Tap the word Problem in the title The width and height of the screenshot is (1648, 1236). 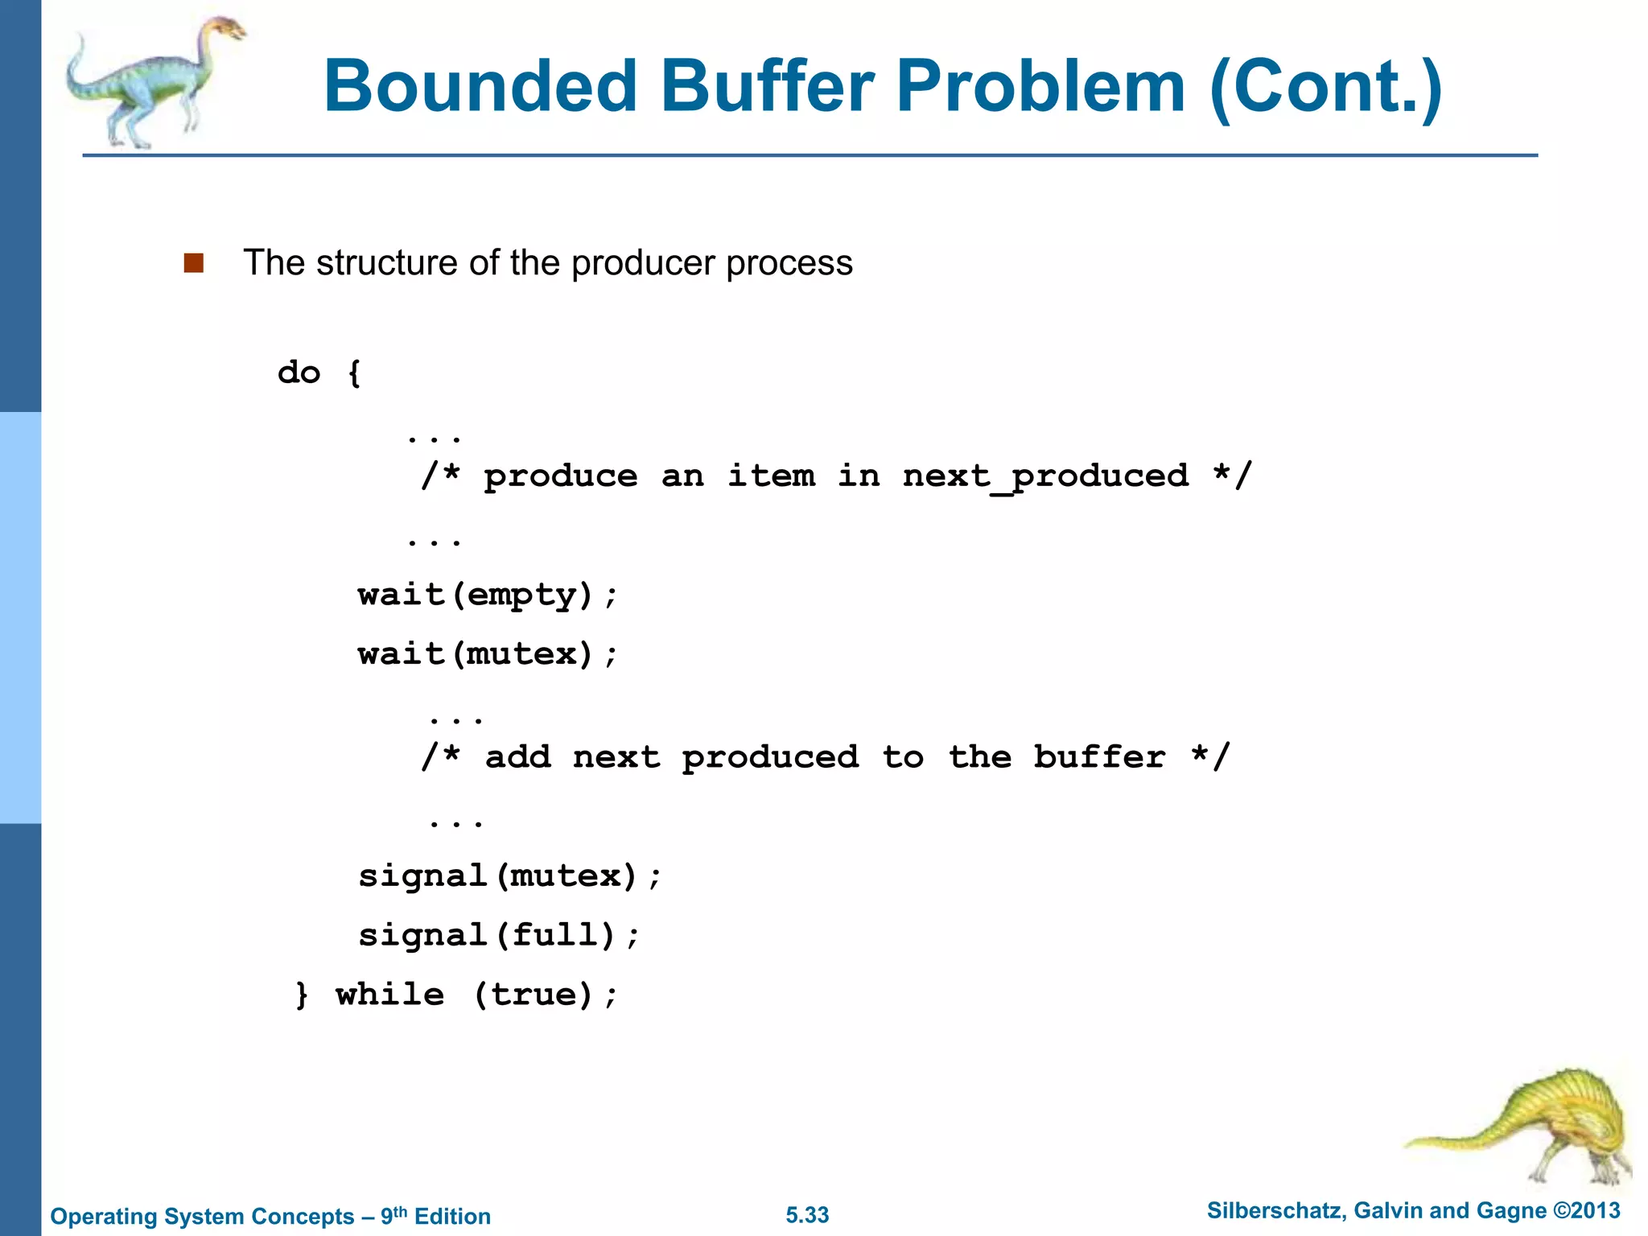pos(1040,87)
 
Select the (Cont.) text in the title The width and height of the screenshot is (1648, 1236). pos(1325,87)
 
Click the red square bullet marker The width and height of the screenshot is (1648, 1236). pos(193,263)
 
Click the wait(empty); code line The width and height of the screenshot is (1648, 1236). pos(488,595)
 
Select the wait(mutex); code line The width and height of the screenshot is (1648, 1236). pos(488,654)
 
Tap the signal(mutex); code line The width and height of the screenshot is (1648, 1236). pos(509,875)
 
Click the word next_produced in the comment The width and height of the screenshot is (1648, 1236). pos(1045,476)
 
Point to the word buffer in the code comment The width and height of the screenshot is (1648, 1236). pos(1099,757)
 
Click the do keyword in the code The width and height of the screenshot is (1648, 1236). pos(299,373)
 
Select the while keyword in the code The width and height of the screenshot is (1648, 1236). pos(389,995)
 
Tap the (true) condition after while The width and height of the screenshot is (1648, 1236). pos(534,995)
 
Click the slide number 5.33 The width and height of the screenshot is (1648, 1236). pos(807,1215)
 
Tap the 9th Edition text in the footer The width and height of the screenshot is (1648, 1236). pos(435,1216)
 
